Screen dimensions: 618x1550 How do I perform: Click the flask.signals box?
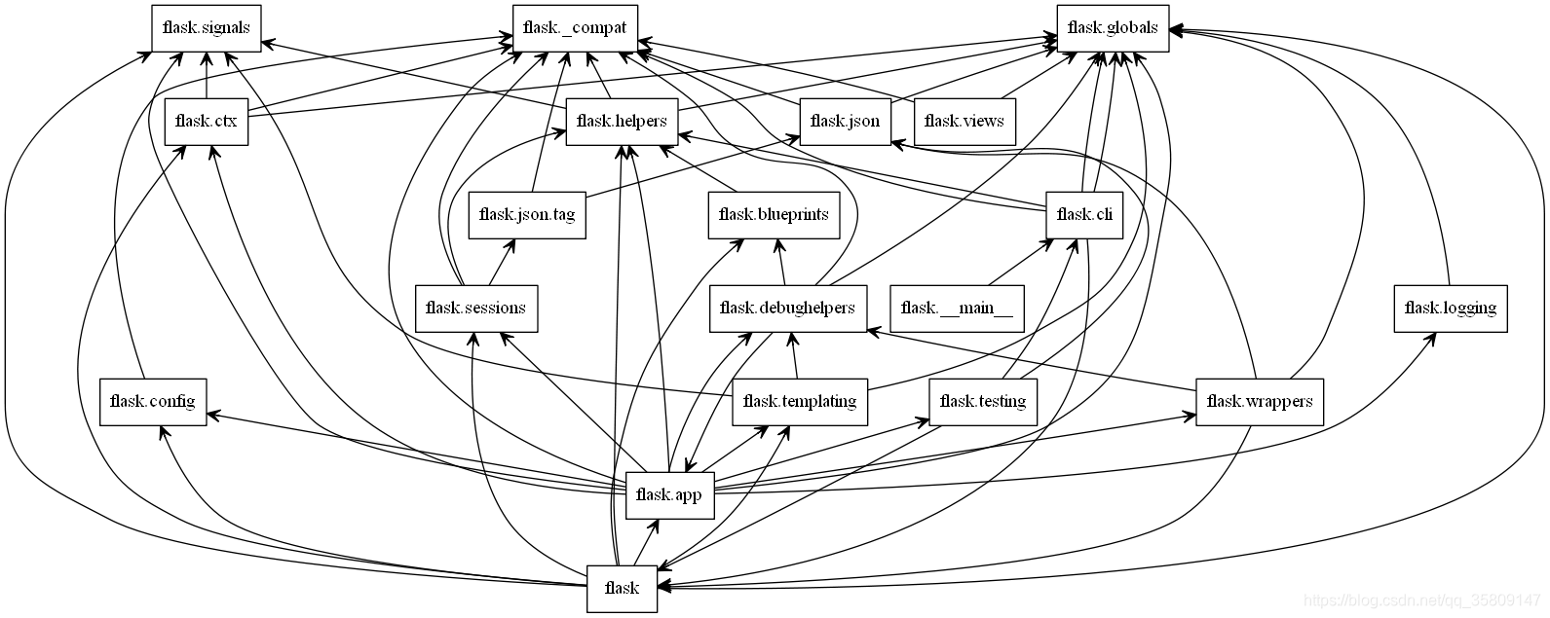pyautogui.click(x=207, y=27)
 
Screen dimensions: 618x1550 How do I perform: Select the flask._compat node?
pyautogui.click(x=575, y=27)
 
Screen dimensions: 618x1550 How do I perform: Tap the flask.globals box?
pyautogui.click(x=1113, y=27)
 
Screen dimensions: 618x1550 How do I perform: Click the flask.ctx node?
pyautogui.click(x=206, y=122)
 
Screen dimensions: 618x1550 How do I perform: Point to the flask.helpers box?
pyautogui.click(x=622, y=122)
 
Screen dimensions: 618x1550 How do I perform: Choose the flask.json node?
pyautogui.click(x=845, y=122)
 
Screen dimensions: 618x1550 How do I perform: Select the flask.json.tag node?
pyautogui.click(x=527, y=215)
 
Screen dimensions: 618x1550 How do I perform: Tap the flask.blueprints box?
pyautogui.click(x=774, y=215)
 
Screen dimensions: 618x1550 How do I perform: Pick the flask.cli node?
pyautogui.click(x=1083, y=215)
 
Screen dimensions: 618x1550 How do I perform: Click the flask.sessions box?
pyautogui.click(x=475, y=309)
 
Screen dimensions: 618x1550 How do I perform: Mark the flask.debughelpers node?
pyautogui.click(x=787, y=309)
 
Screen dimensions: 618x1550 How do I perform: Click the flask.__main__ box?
pyautogui.click(x=957, y=309)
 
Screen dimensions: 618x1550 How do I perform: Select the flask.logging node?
pyautogui.click(x=1450, y=309)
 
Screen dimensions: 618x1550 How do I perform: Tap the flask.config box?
pyautogui.click(x=152, y=402)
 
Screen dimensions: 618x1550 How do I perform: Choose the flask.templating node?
pyautogui.click(x=799, y=402)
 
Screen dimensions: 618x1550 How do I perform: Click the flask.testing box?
pyautogui.click(x=983, y=402)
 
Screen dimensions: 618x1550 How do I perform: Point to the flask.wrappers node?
pyautogui.click(x=1259, y=402)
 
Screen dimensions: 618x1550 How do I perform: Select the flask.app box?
pyautogui.click(x=668, y=495)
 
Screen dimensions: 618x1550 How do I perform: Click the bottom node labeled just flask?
pyautogui.click(x=622, y=589)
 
